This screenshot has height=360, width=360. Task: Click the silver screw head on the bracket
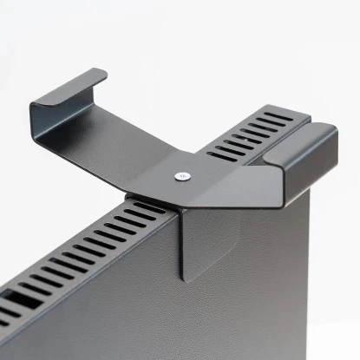[x=180, y=176]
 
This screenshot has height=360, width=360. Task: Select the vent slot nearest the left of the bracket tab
[x=140, y=213]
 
